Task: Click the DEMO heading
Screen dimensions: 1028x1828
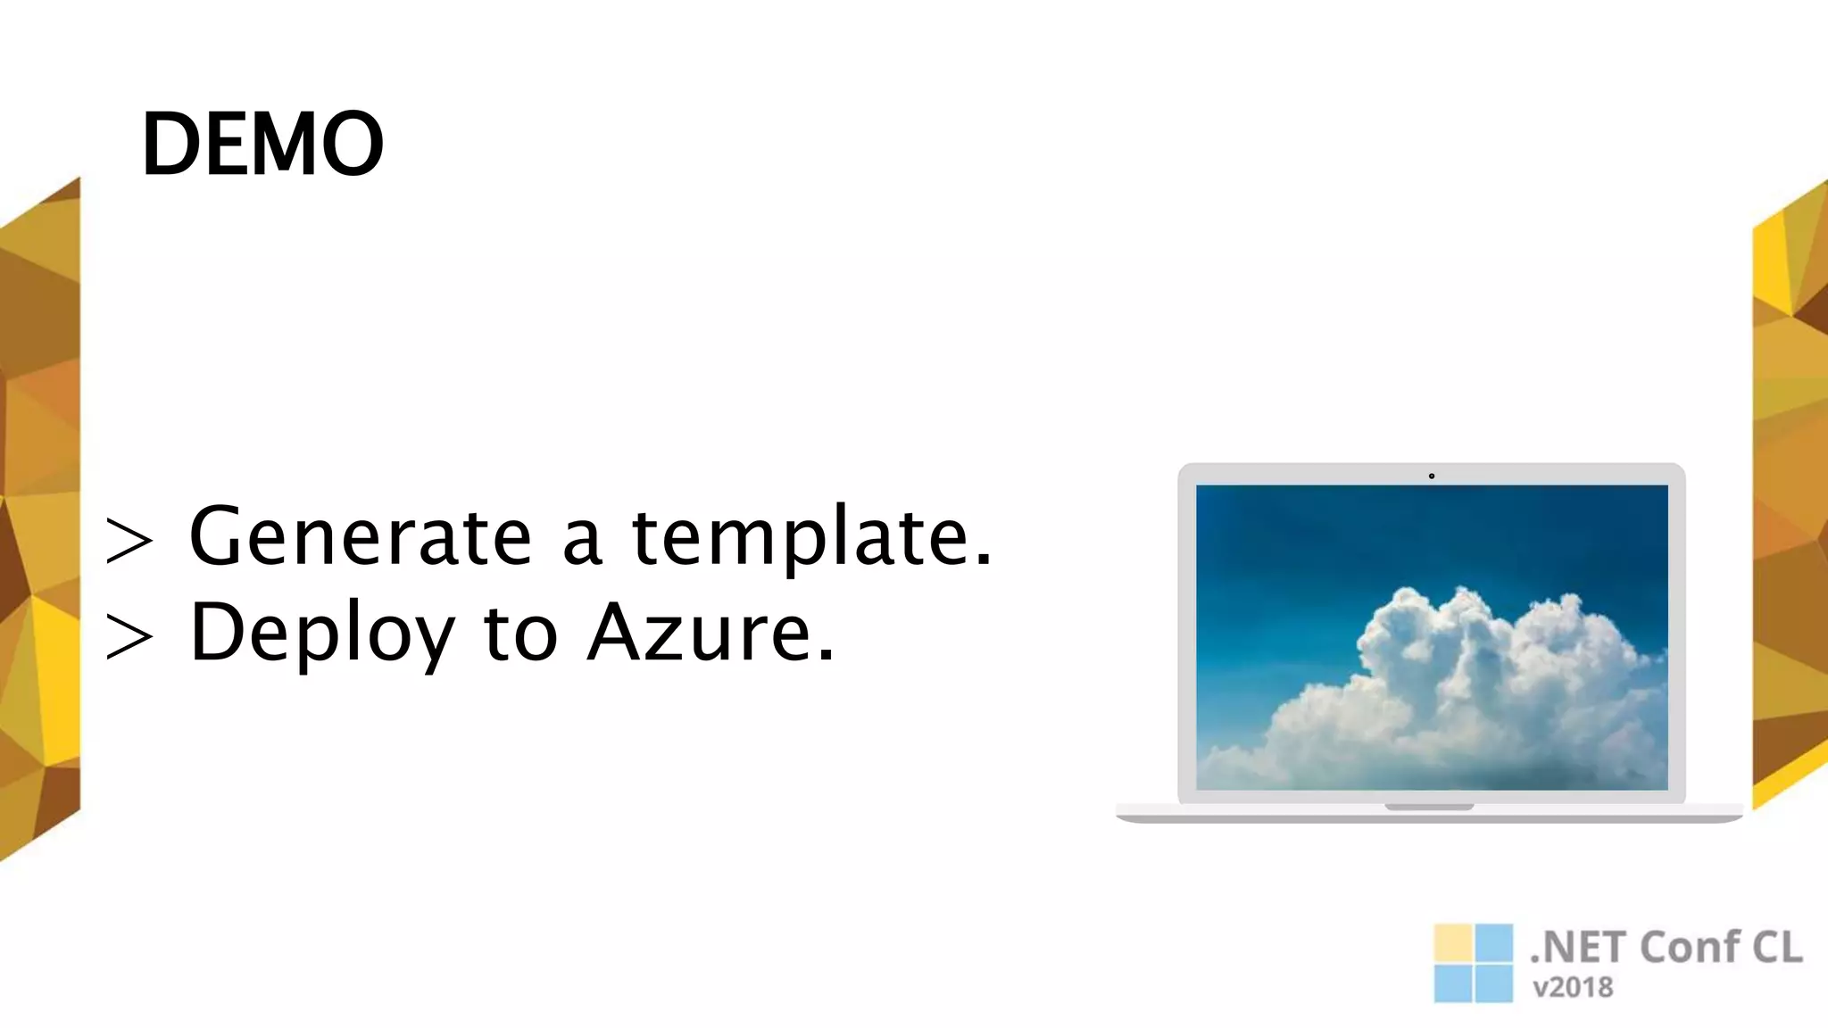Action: click(262, 144)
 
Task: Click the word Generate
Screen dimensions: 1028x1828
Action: click(361, 536)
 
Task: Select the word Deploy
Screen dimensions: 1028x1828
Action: click(322, 634)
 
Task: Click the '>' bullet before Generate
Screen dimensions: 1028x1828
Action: click(129, 541)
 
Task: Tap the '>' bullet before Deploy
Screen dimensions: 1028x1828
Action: click(129, 637)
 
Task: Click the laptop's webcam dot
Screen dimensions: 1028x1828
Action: click(1432, 477)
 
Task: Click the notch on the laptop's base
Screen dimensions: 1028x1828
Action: click(1429, 808)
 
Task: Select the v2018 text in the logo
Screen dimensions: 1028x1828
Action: click(1573, 988)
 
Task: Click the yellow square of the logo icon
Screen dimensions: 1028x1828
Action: click(1452, 942)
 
